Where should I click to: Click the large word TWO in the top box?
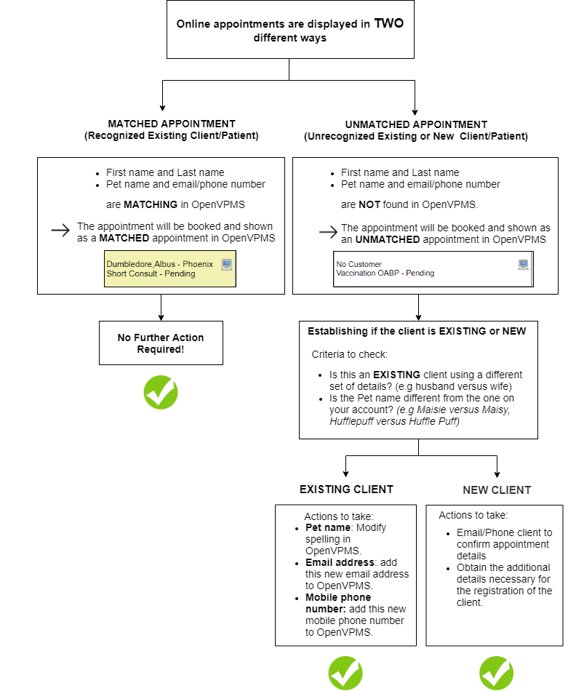point(388,23)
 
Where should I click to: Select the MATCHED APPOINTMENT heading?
point(172,124)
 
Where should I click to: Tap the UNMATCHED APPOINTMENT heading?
point(415,124)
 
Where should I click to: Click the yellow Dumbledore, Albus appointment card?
point(170,269)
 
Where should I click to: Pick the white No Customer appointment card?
point(433,269)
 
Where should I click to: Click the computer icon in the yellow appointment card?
point(227,265)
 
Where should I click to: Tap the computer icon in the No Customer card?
point(523,265)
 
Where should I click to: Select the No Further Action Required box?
point(161,343)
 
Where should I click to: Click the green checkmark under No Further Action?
point(161,393)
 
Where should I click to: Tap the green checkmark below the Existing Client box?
point(345,673)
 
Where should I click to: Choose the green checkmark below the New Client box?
point(497,673)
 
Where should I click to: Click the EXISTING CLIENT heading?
point(346,490)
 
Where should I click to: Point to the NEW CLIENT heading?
point(497,490)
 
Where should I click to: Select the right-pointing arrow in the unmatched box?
point(328,232)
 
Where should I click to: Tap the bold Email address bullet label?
point(335,562)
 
